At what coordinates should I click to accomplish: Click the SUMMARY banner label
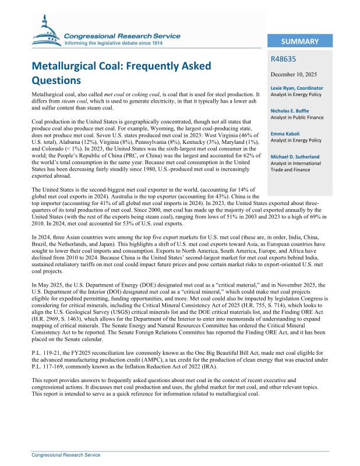(299, 41)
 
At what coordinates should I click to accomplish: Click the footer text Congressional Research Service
(66, 455)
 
